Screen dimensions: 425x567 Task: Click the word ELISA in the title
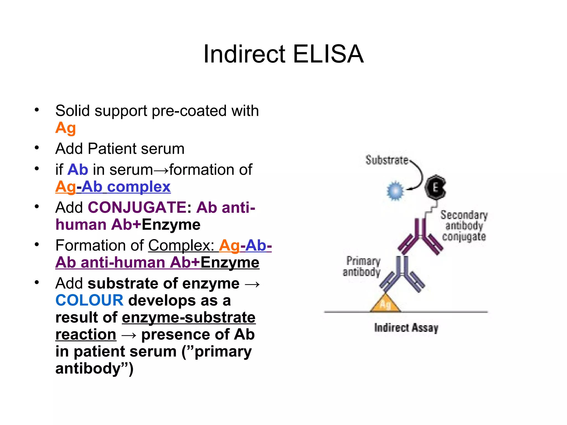pyautogui.click(x=328, y=54)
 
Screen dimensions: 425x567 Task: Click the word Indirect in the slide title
pyautogui.click(x=244, y=54)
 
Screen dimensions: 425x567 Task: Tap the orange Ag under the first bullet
pyautogui.click(x=65, y=128)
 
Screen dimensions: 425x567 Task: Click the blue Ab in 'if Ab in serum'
pyautogui.click(x=78, y=169)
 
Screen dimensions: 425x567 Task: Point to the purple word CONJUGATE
pyautogui.click(x=137, y=207)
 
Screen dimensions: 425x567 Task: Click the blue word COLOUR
pyautogui.click(x=89, y=300)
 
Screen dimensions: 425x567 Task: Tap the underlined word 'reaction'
pyautogui.click(x=86, y=335)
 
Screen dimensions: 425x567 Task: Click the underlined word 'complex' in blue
pyautogui.click(x=139, y=187)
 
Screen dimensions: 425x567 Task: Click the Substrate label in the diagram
pyautogui.click(x=386, y=160)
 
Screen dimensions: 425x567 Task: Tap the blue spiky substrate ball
pyautogui.click(x=395, y=190)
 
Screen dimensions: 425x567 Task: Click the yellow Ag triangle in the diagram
pyautogui.click(x=385, y=304)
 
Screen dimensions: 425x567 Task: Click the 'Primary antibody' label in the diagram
pyautogui.click(x=362, y=266)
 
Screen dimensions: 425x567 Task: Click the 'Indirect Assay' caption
pyautogui.click(x=406, y=328)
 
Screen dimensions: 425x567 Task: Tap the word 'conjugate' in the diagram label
pyautogui.click(x=464, y=237)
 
